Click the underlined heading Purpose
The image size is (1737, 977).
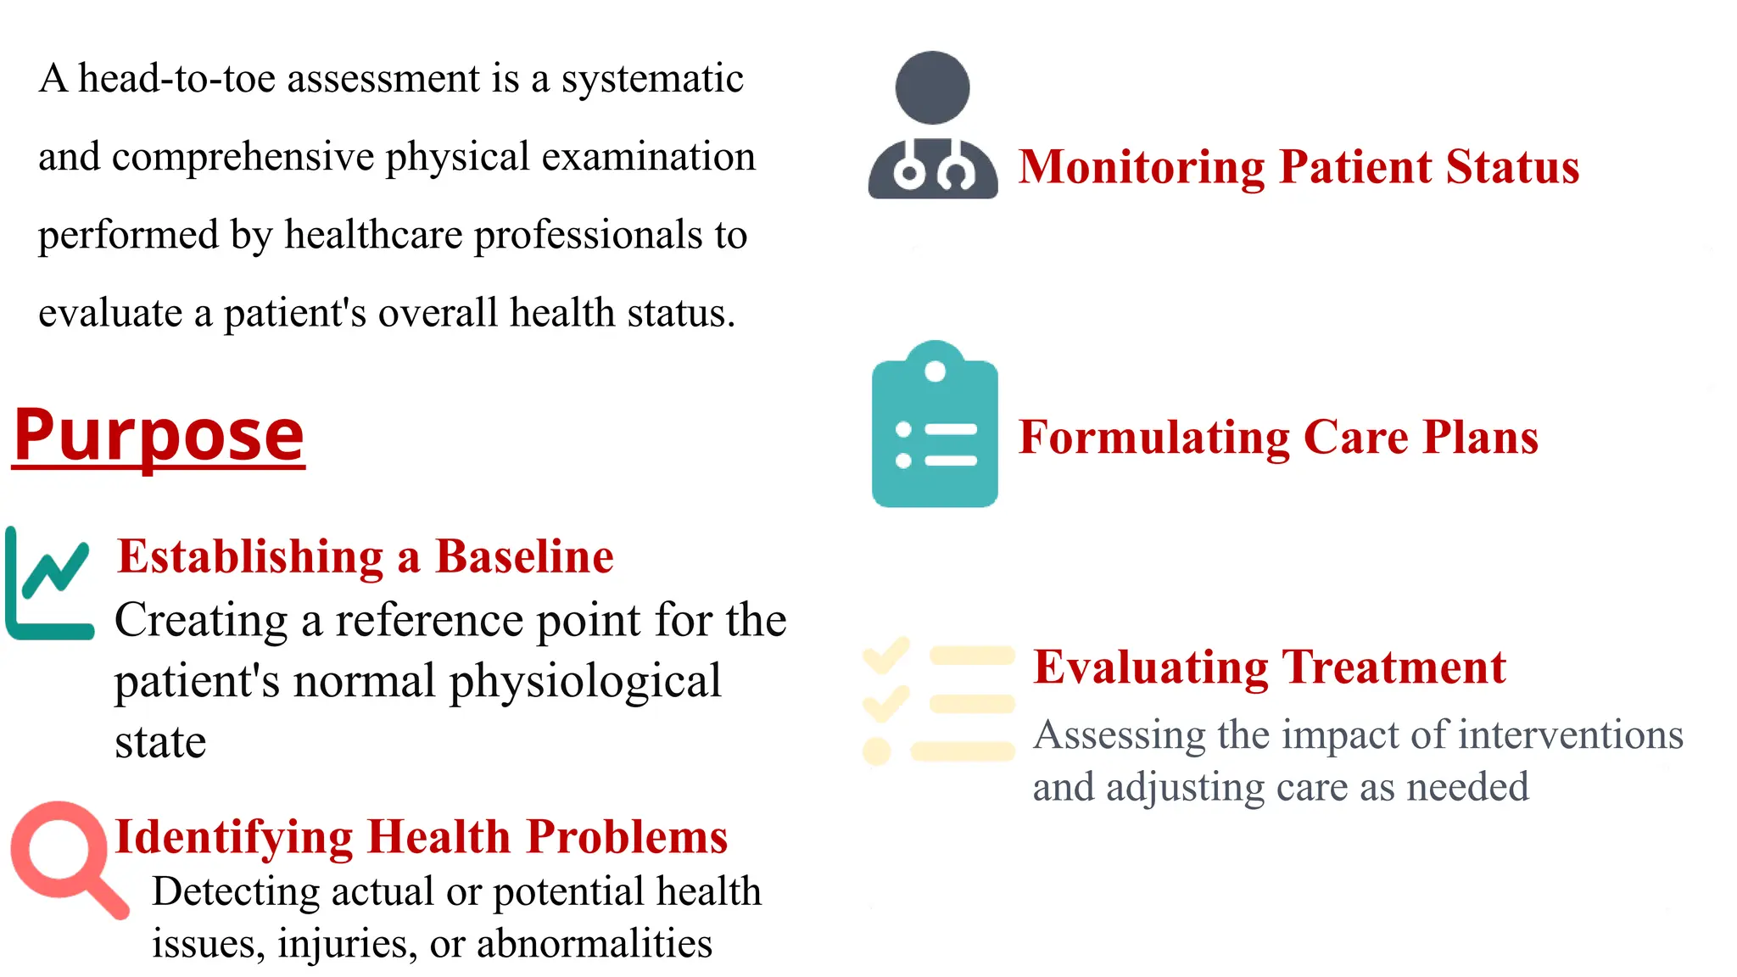pos(159,435)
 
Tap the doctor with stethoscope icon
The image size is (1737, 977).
pos(932,127)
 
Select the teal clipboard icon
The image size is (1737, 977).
pos(935,426)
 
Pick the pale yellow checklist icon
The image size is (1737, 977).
pos(938,702)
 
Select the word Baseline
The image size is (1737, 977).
pos(524,557)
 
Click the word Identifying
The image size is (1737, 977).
pos(233,838)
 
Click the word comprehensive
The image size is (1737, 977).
pos(243,157)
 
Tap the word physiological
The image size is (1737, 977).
pos(585,682)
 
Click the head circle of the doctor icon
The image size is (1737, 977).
pos(932,87)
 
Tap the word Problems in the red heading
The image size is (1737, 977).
pos(627,838)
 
